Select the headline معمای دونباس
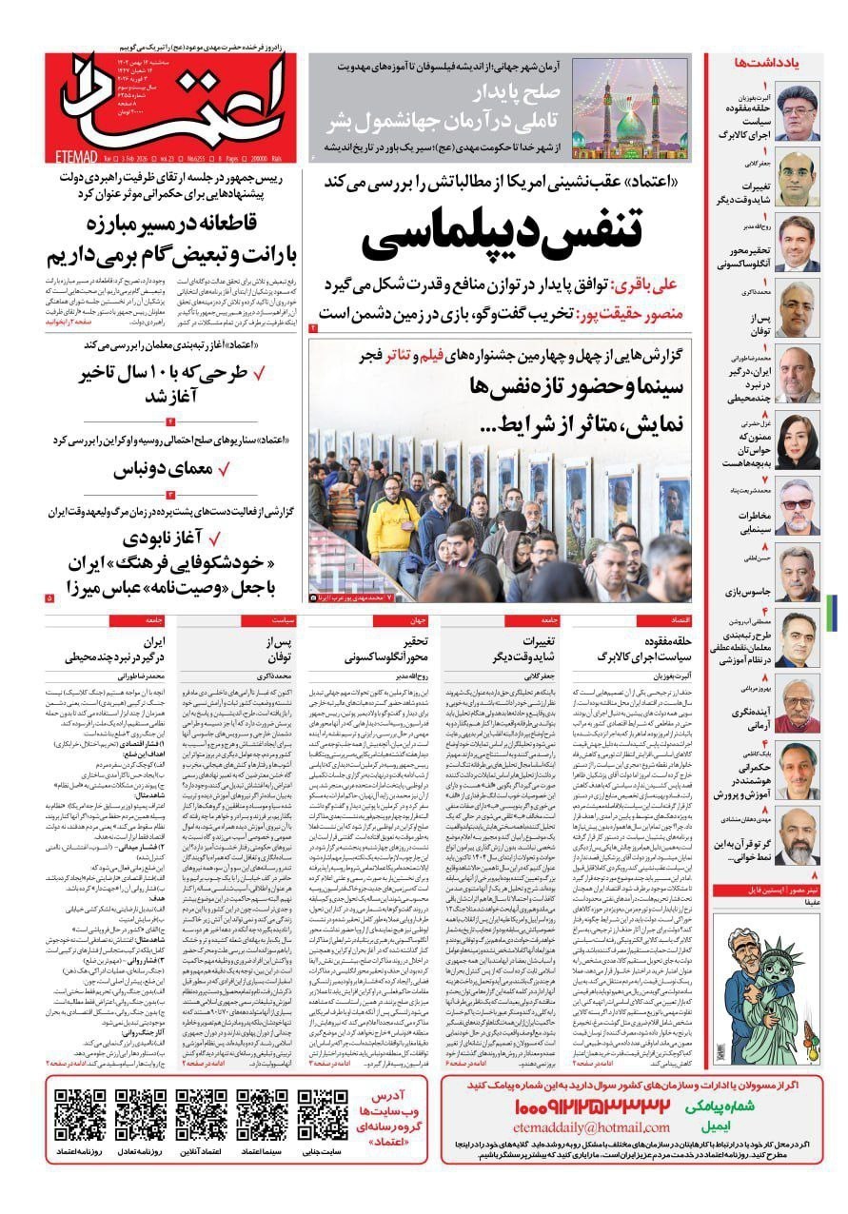[168, 469]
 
